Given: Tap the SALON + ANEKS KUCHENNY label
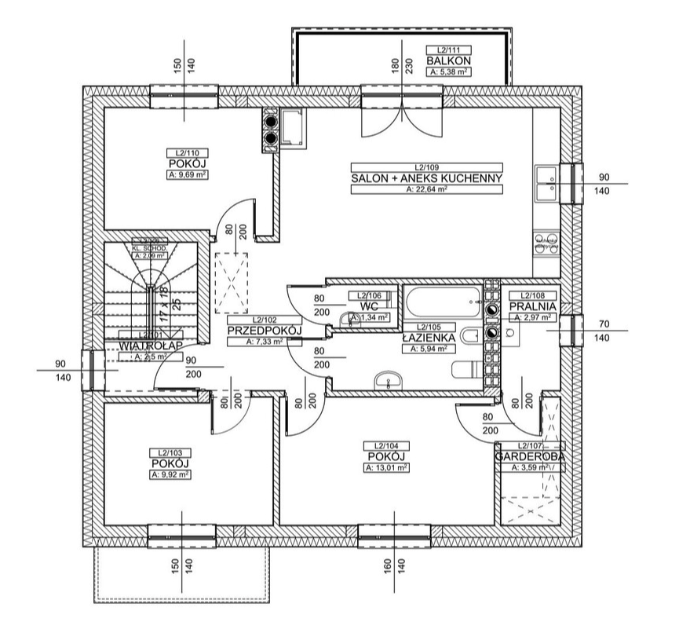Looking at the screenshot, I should click(x=426, y=178).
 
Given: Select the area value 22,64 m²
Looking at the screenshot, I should click(x=426, y=189).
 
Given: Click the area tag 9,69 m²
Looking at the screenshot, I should click(x=188, y=175).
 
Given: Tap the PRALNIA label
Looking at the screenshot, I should click(x=533, y=306).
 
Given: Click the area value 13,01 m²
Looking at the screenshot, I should click(x=385, y=467).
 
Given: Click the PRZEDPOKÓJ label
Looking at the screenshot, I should click(x=265, y=331).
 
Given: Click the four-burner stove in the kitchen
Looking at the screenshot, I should click(x=546, y=240).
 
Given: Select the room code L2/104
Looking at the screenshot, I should click(x=385, y=445).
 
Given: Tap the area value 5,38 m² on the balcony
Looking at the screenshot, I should click(x=449, y=71).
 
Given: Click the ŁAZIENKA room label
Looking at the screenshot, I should click(x=429, y=337).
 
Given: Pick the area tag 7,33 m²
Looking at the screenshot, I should click(x=265, y=342).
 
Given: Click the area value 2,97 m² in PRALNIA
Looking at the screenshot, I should click(x=533, y=317).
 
